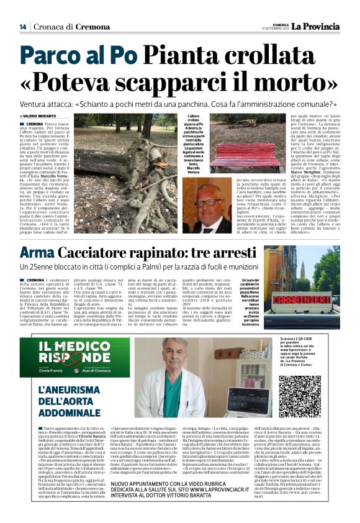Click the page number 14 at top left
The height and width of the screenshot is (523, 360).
pyautogui.click(x=23, y=27)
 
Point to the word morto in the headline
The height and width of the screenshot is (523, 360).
pyautogui.click(x=291, y=83)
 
